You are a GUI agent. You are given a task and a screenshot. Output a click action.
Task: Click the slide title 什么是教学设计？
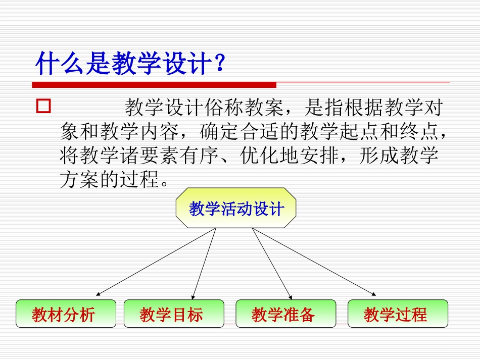[129, 64]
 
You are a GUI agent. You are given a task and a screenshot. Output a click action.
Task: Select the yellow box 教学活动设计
[236, 208]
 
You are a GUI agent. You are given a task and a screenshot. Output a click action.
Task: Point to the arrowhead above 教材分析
[98, 293]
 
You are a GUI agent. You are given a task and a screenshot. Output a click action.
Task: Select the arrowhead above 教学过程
[374, 294]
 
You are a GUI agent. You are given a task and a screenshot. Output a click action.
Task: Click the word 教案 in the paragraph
[263, 108]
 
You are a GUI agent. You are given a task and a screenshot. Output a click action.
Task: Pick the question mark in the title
[218, 64]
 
